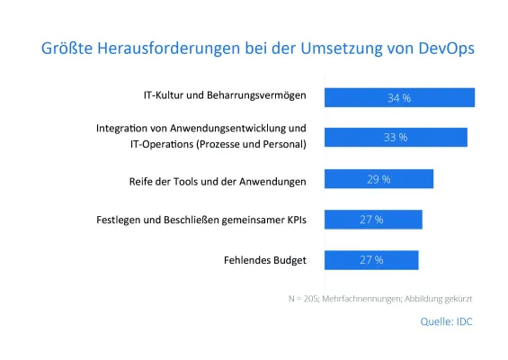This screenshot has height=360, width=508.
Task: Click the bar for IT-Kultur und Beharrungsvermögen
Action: (x=398, y=97)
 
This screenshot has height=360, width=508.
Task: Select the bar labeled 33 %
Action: (x=395, y=137)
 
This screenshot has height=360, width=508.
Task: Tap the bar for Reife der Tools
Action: (x=379, y=179)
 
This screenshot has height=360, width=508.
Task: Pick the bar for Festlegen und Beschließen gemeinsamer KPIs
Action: (x=372, y=219)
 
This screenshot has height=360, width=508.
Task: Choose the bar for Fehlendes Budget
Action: (x=370, y=259)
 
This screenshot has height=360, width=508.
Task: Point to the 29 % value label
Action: (x=379, y=179)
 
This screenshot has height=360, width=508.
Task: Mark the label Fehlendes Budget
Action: (x=265, y=260)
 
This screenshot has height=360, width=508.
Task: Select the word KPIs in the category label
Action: (x=293, y=220)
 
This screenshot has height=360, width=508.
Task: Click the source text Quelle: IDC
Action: (x=446, y=319)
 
